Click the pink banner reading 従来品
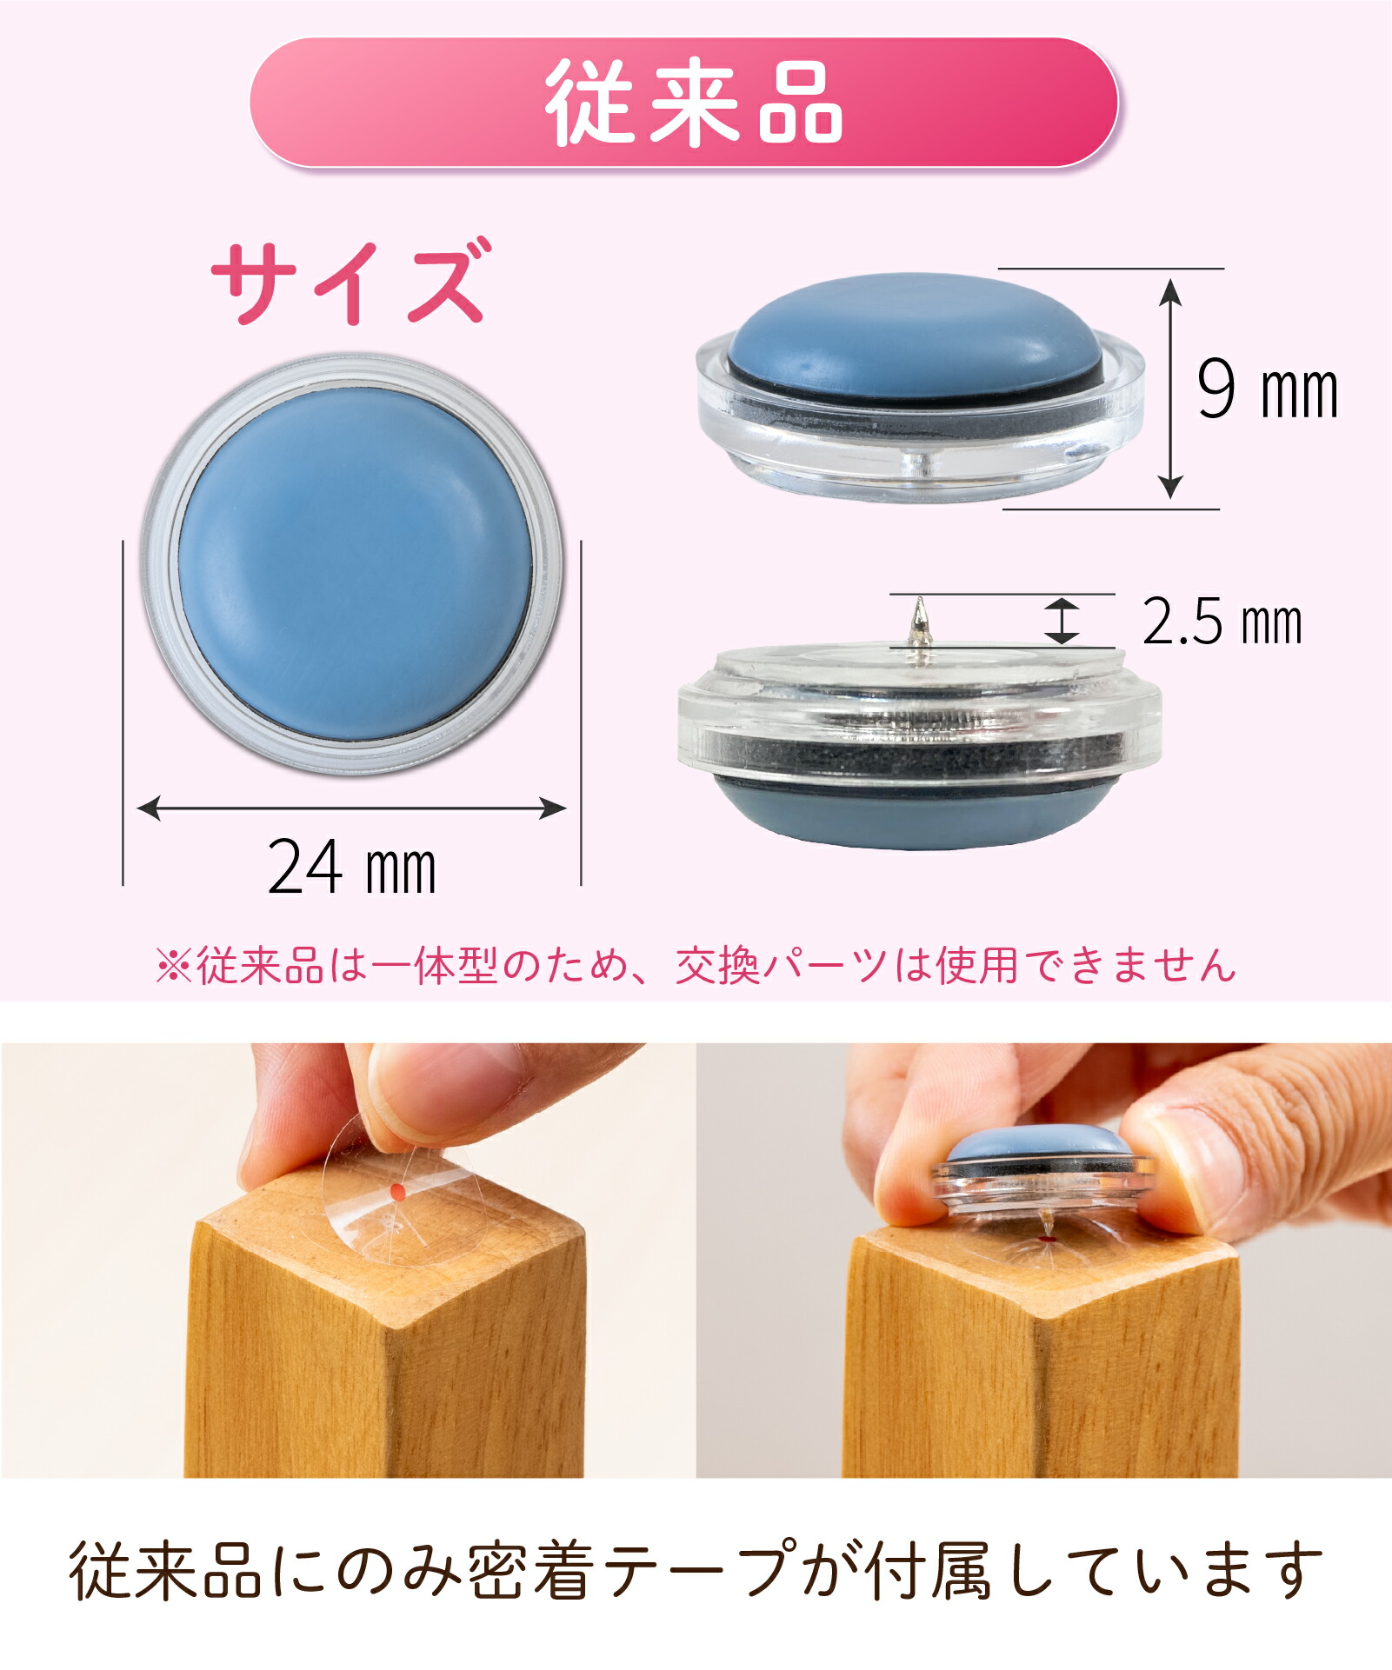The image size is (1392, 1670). pos(683,103)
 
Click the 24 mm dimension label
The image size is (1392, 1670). pos(351,867)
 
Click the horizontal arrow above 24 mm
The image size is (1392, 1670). pos(352,808)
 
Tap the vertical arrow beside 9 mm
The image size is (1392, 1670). pos(1171,389)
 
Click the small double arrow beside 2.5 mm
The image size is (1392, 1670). pos(1062,621)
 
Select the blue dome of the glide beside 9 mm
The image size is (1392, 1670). pos(914,334)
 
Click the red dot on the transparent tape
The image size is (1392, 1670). pos(396,1193)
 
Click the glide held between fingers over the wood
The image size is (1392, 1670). pos(1042,1171)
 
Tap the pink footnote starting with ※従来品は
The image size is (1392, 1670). pos(696,965)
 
